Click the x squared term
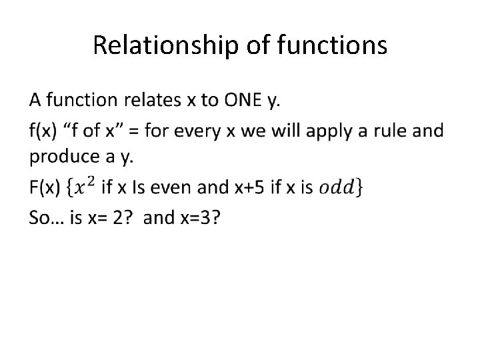tap(85, 187)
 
